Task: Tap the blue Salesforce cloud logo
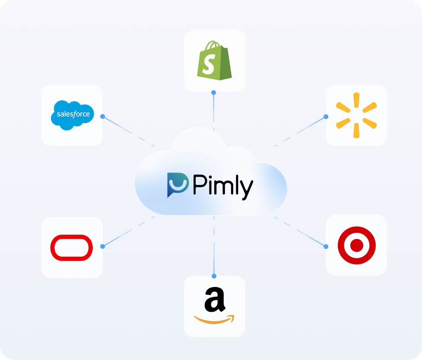tap(72, 115)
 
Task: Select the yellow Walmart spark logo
tap(356, 115)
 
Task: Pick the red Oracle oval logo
tap(72, 248)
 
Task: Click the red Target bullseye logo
tap(356, 245)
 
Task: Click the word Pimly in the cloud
tap(223, 186)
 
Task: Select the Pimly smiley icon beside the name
tap(178, 185)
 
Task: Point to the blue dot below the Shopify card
tap(214, 92)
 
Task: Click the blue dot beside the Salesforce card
tap(102, 116)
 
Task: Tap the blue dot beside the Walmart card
tap(326, 116)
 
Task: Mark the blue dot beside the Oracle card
tap(102, 246)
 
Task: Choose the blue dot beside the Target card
tap(326, 246)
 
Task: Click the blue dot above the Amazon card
tap(214, 276)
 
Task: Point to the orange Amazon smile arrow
tap(214, 320)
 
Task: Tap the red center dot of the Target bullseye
tap(356, 245)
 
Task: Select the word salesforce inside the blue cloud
tap(73, 115)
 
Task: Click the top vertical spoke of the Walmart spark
tap(356, 100)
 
